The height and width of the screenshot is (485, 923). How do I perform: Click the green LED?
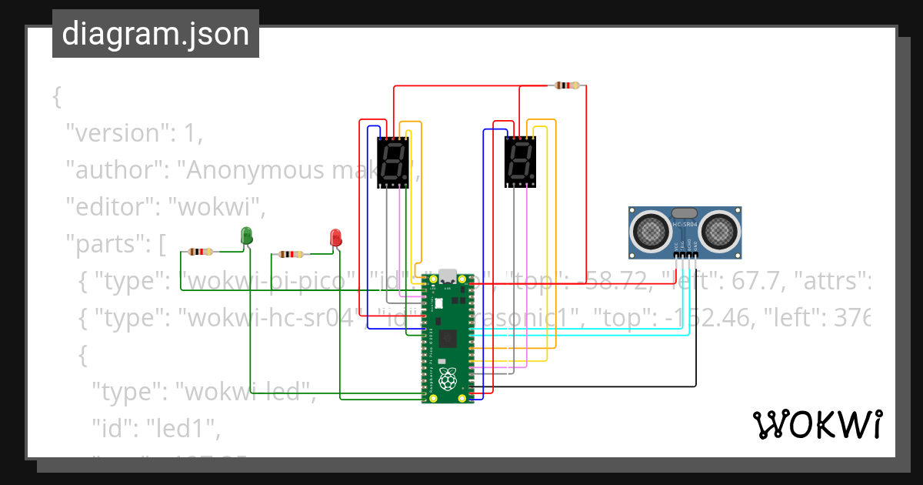(x=247, y=236)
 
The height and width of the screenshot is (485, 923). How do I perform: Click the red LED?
(x=335, y=237)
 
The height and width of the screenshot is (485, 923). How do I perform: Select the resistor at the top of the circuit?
(x=567, y=85)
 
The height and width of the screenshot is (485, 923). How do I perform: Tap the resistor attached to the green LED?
(x=201, y=252)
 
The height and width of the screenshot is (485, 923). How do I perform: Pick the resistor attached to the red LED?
(x=290, y=254)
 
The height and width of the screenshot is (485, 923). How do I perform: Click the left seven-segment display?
(x=393, y=162)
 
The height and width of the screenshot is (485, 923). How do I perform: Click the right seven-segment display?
(x=520, y=162)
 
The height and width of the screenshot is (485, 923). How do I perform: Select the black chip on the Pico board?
(x=448, y=339)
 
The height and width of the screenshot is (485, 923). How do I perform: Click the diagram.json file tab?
(x=155, y=34)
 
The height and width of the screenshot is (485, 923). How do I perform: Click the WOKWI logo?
(x=817, y=425)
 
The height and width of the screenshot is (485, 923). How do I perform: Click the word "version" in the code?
(x=115, y=132)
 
